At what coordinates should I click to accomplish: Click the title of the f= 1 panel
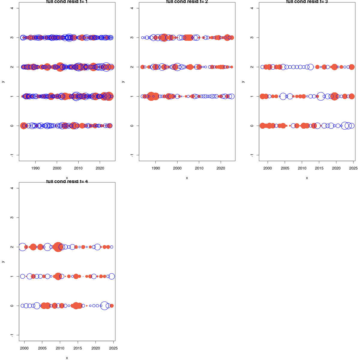(67, 2)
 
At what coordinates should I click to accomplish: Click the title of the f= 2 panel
(187, 2)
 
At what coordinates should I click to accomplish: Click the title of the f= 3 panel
(307, 2)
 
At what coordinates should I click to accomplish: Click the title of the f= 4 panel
(67, 181)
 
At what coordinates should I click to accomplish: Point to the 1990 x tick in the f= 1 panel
(35, 168)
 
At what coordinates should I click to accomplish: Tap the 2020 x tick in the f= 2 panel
(221, 168)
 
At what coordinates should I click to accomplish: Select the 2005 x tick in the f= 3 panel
(285, 168)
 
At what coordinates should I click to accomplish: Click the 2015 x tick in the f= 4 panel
(78, 348)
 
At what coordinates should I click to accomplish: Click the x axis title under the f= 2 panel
(187, 178)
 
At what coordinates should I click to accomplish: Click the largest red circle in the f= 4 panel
(58, 247)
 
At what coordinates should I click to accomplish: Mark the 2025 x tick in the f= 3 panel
(353, 168)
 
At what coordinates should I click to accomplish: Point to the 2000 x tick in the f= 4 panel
(24, 348)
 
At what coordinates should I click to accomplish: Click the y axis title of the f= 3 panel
(243, 82)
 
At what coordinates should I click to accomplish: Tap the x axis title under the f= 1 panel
(67, 178)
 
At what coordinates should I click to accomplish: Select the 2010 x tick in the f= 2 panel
(199, 168)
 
